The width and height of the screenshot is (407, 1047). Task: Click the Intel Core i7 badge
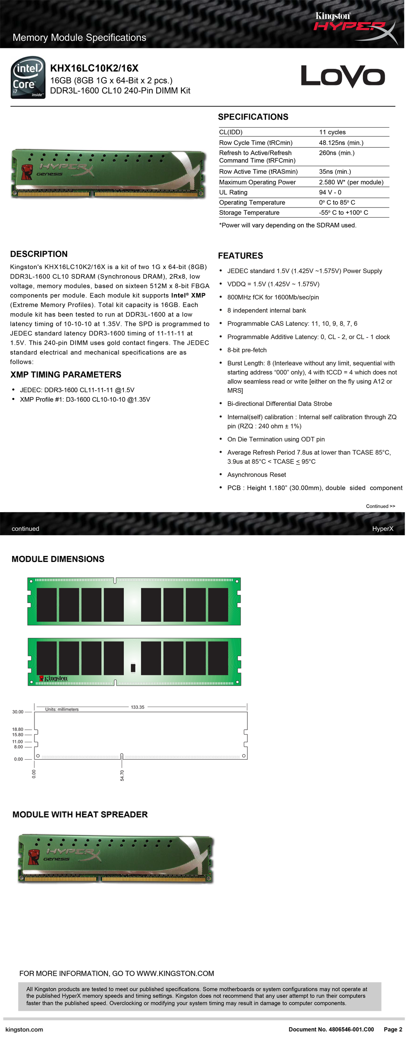pyautogui.click(x=28, y=78)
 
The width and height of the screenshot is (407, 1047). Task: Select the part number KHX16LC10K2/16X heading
pyautogui.click(x=94, y=68)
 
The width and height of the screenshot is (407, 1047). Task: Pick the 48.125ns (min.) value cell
pyautogui.click(x=341, y=143)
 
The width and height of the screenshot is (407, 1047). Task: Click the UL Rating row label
pyautogui.click(x=233, y=192)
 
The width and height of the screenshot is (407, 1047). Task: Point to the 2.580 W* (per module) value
pyautogui.click(x=351, y=182)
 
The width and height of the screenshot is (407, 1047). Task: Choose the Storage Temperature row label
pyautogui.click(x=249, y=213)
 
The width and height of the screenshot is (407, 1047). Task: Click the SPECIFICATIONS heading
pyautogui.click(x=253, y=117)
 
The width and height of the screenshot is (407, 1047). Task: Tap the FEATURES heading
pyautogui.click(x=241, y=256)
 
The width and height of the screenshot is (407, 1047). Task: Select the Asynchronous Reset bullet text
pyautogui.click(x=256, y=475)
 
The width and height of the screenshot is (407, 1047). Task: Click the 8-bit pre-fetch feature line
pyautogui.click(x=247, y=350)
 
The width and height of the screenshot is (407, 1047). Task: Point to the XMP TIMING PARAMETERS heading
pyautogui.click(x=66, y=375)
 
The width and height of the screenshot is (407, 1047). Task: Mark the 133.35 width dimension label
pyautogui.click(x=138, y=707)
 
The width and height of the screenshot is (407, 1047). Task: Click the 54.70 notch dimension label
pyautogui.click(x=122, y=776)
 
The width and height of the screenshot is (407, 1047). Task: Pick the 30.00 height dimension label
pyautogui.click(x=18, y=712)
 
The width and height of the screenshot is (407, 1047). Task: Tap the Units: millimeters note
pyautogui.click(x=62, y=709)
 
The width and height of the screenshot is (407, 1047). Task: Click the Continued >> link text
pyautogui.click(x=380, y=506)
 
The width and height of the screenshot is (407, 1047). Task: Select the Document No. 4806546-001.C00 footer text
pyautogui.click(x=331, y=1030)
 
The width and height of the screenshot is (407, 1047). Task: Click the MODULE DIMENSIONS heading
pyautogui.click(x=58, y=559)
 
